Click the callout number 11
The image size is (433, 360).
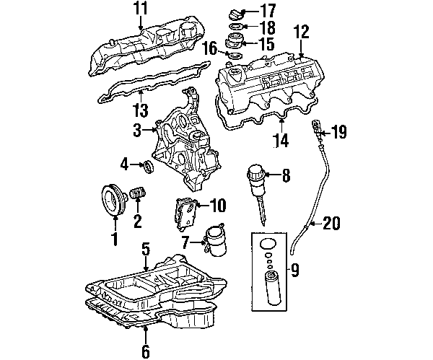(141, 8)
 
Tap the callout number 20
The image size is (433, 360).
(332, 223)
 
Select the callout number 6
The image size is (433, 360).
(146, 351)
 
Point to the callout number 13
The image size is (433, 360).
(141, 110)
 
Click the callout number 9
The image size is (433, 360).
(295, 270)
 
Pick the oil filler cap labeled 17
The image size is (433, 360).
(235, 15)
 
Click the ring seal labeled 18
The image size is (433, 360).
(236, 27)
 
